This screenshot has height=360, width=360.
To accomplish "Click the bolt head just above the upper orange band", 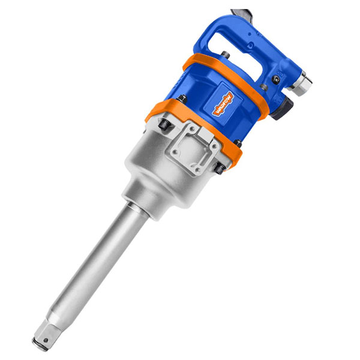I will [223, 56].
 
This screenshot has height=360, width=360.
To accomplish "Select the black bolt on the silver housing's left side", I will [163, 124].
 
